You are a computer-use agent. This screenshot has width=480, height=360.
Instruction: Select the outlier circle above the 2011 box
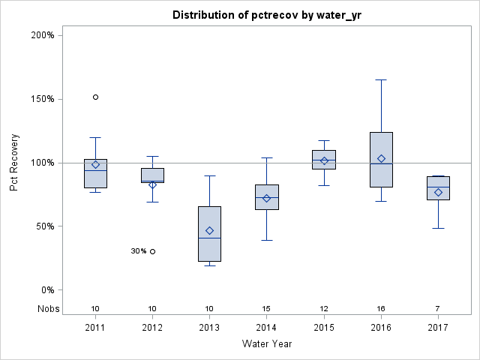pos(95,97)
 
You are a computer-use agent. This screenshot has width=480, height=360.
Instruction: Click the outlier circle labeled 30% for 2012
pos(152,251)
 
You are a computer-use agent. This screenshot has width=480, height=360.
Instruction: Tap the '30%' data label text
pos(138,251)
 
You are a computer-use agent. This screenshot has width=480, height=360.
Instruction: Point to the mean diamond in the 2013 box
pos(209,230)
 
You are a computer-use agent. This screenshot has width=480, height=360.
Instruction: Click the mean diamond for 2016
pos(381,158)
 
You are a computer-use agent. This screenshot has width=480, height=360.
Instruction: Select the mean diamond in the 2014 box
pos(266,198)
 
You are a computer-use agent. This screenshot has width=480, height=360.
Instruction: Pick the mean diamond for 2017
pos(438,192)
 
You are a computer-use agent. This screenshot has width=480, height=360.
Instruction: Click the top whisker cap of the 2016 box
pos(381,79)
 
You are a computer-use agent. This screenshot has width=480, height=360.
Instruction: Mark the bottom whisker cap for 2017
pos(438,228)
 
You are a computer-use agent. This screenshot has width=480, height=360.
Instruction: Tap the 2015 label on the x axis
pos(324,328)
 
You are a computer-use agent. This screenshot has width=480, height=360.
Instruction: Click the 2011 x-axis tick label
pos(95,328)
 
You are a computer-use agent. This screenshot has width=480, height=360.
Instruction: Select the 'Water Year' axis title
pos(266,343)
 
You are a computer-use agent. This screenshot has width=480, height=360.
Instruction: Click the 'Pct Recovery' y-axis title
pos(14,163)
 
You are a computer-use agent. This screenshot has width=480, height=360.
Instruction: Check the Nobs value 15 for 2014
pos(266,308)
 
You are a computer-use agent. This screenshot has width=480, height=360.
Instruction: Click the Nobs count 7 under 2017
pos(438,308)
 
